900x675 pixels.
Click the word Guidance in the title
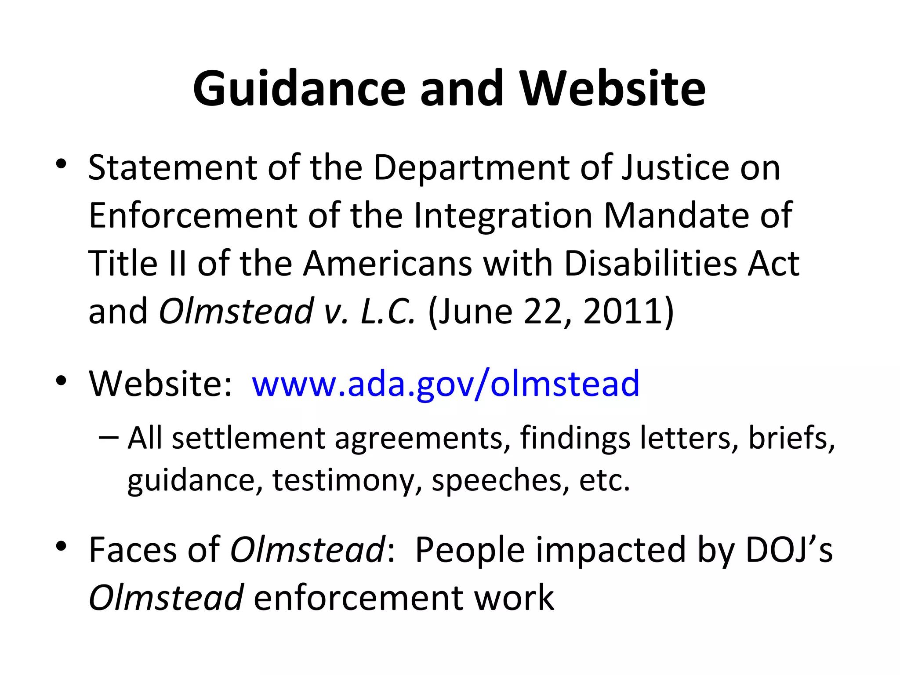point(299,89)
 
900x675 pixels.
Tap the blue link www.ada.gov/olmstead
point(445,384)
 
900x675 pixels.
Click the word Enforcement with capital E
point(192,216)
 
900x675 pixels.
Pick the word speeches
point(497,480)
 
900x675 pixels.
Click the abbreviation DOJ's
point(789,550)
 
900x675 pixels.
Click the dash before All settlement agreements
point(109,437)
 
